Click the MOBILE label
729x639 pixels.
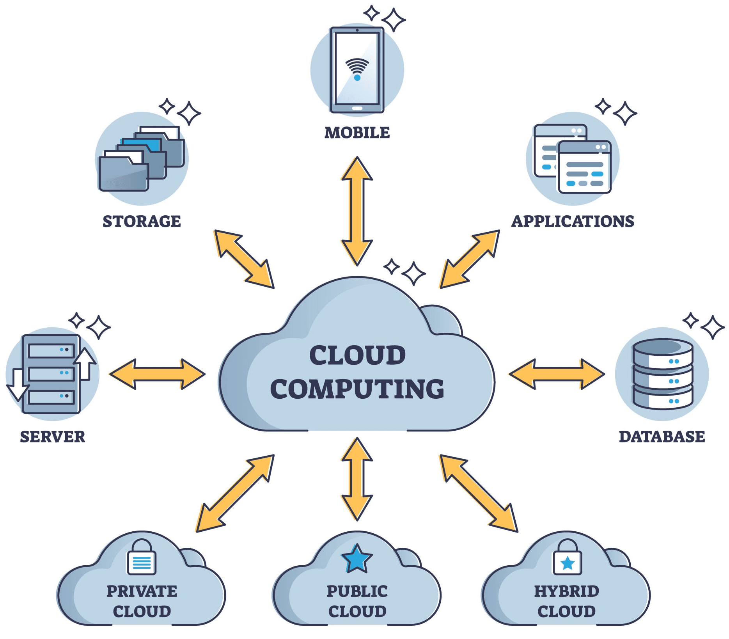click(x=357, y=133)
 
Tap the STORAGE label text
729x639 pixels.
click(x=142, y=221)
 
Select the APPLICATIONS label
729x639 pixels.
click(x=573, y=221)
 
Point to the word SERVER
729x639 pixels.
click(x=52, y=437)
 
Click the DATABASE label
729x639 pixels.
click(x=662, y=437)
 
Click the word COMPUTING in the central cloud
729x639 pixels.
click(x=357, y=389)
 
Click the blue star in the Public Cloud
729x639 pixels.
click(x=357, y=558)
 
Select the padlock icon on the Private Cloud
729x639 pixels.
click(x=142, y=558)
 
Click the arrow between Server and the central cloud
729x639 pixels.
click(x=157, y=374)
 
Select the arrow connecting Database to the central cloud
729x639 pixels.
click(x=557, y=374)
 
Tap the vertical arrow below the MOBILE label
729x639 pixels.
click(x=357, y=211)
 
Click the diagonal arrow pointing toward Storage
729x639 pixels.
click(x=244, y=259)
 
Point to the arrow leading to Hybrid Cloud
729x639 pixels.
click(x=479, y=493)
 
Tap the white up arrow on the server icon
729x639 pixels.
click(x=85, y=363)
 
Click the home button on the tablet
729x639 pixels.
click(x=357, y=108)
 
